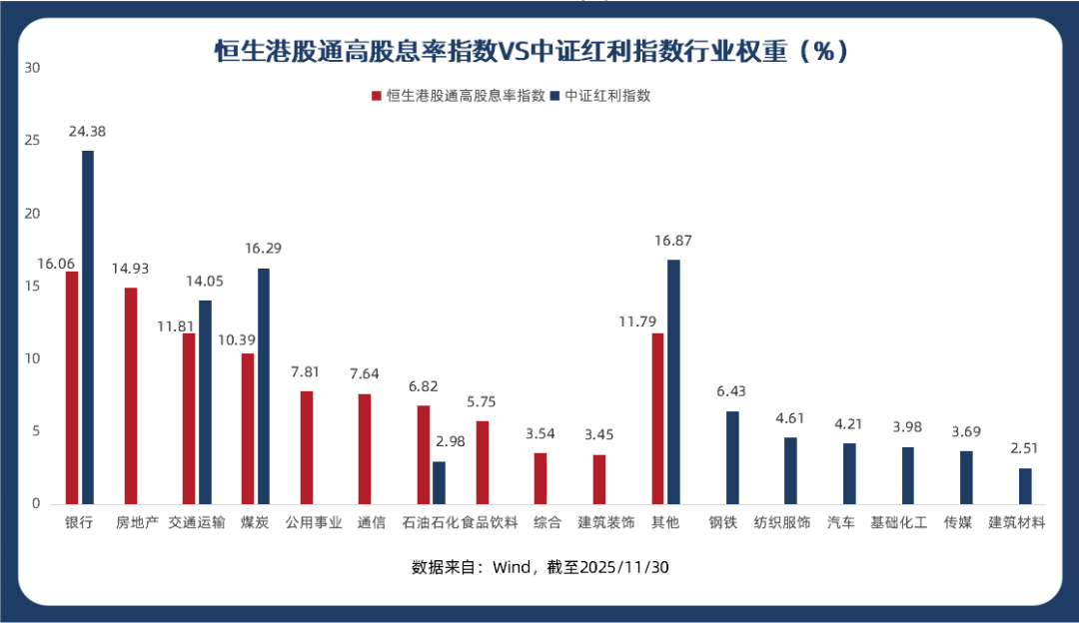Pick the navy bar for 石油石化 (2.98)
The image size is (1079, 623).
pyautogui.click(x=439, y=482)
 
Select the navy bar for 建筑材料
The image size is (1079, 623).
pyautogui.click(x=1025, y=486)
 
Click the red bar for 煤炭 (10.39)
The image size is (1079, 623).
pyautogui.click(x=248, y=428)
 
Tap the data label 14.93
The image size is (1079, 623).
pyautogui.click(x=131, y=268)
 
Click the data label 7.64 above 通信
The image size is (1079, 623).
pyautogui.click(x=365, y=374)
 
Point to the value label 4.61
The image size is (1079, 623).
pyautogui.click(x=790, y=417)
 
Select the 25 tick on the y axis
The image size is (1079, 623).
pyautogui.click(x=32, y=141)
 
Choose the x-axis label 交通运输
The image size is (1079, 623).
pyautogui.click(x=196, y=522)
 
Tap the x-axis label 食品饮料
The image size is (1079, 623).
pyautogui.click(x=490, y=522)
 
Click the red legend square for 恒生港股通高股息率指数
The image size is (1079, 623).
pyautogui.click(x=377, y=97)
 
